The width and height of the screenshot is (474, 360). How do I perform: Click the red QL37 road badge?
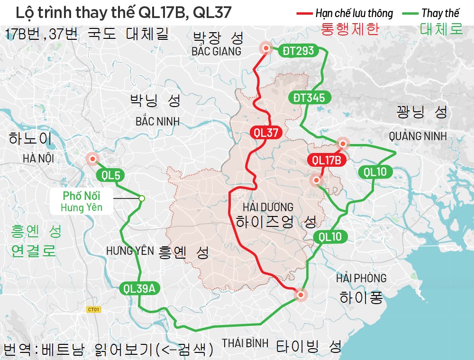point(266,133)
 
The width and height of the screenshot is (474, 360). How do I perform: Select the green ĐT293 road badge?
point(298,50)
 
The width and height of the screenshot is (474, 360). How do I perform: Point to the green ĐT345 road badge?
point(309,98)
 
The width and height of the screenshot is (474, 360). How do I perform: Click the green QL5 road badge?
point(110,175)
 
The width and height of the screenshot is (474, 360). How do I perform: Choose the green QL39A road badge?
point(139,288)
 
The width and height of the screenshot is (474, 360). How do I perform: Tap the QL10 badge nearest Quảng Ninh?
point(375,172)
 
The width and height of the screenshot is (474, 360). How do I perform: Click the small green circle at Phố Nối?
point(141,198)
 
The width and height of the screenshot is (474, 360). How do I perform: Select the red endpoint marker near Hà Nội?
point(92,159)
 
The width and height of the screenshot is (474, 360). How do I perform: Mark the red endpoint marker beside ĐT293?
point(266,48)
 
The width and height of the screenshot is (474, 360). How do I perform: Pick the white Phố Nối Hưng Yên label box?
point(81,201)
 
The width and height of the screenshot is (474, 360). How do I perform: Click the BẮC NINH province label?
point(157,121)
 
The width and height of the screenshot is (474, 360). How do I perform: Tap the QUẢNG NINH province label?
point(418,136)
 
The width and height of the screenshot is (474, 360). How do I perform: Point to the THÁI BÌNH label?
point(245,343)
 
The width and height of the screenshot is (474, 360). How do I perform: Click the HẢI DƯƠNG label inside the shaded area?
point(268,207)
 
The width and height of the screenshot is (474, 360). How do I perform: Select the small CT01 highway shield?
point(93,309)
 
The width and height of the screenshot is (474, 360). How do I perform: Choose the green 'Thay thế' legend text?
point(440,13)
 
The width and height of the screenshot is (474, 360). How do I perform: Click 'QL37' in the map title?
point(212,12)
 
